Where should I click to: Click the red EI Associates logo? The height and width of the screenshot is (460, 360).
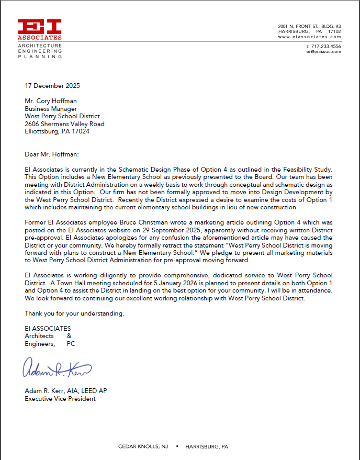(40, 29)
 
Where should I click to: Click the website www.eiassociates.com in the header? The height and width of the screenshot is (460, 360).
(309, 37)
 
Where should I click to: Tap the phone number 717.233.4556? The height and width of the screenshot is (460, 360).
(324, 46)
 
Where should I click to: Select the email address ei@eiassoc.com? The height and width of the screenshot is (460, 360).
(323, 51)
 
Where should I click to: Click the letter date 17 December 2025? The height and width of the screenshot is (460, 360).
(52, 86)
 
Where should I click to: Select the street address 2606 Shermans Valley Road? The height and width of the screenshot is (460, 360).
(64, 124)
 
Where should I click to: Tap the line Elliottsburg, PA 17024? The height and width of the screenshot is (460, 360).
(57, 131)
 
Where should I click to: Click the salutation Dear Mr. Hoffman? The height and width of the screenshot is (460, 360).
(52, 154)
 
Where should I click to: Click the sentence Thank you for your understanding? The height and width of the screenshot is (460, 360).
(74, 313)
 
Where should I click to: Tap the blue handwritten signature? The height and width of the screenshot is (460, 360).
(57, 369)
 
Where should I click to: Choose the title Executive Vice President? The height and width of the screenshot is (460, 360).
(60, 399)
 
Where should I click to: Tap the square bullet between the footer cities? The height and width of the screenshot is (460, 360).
(177, 446)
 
